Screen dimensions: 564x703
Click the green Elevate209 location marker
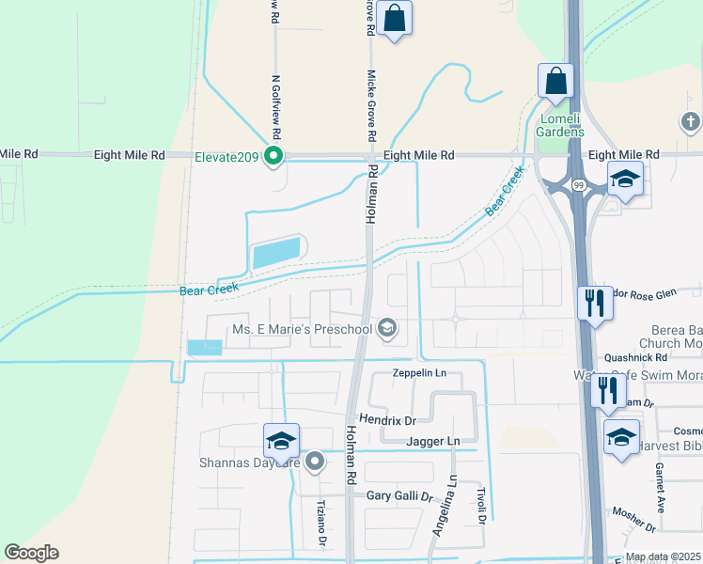tap(273, 155)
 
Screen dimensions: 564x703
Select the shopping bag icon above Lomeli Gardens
tap(555, 81)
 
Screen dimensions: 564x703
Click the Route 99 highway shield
tap(578, 186)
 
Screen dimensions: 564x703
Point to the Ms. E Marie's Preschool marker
tap(386, 329)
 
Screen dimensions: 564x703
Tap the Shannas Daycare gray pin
tap(315, 462)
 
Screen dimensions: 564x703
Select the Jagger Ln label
tap(433, 441)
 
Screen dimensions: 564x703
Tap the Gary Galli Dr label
tap(398, 495)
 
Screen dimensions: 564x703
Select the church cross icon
tap(691, 121)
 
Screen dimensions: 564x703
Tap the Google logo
tap(31, 553)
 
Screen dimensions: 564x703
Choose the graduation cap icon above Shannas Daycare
tap(281, 440)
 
